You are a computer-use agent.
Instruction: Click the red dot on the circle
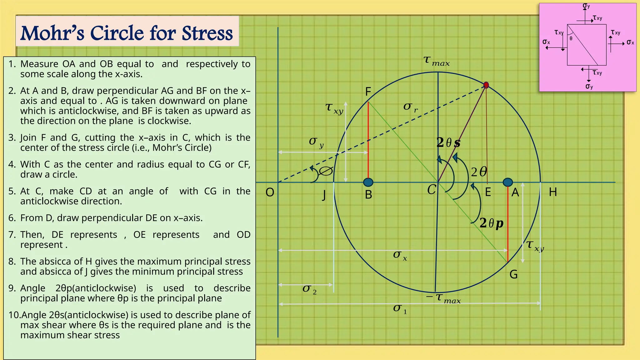[x=486, y=85]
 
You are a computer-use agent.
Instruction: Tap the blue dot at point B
[x=368, y=182]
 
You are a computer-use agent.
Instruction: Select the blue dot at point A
[x=508, y=182]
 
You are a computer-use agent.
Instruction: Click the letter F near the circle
[x=368, y=92]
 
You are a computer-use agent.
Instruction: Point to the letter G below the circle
[x=513, y=274]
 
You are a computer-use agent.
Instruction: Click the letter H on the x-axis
[x=553, y=192]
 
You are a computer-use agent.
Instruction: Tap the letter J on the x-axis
[x=324, y=195]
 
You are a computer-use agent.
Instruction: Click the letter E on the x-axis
[x=488, y=192]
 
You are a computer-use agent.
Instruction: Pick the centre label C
[x=432, y=190]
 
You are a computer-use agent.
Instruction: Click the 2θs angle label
[x=448, y=143]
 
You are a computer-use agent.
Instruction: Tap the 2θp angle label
[x=491, y=223]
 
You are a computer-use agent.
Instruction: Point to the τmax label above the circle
[x=436, y=61]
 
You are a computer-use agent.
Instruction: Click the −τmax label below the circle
[x=443, y=298]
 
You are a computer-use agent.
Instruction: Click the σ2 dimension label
[x=309, y=289]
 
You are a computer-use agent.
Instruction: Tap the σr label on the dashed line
[x=410, y=107]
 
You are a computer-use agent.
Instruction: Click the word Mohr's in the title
[x=52, y=33]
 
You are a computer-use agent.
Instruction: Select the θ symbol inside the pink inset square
[x=571, y=39]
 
